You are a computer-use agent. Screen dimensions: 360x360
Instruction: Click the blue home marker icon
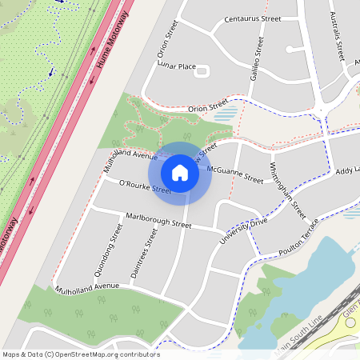[180, 172]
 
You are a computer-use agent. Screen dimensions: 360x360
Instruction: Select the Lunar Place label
[177, 66]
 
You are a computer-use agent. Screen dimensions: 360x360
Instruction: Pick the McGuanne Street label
[234, 174]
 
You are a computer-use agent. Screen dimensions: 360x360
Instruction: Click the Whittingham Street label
[287, 190]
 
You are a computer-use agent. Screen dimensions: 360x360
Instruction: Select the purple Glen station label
[350, 312]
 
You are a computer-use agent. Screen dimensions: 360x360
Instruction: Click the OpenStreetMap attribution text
[81, 354]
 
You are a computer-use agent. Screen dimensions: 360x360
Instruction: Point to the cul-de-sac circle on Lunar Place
[202, 71]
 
